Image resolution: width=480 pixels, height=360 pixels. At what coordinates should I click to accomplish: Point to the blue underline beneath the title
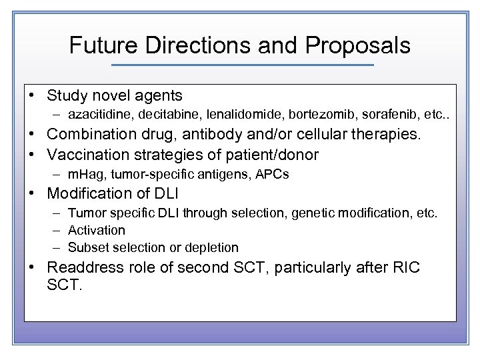pos(243,65)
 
